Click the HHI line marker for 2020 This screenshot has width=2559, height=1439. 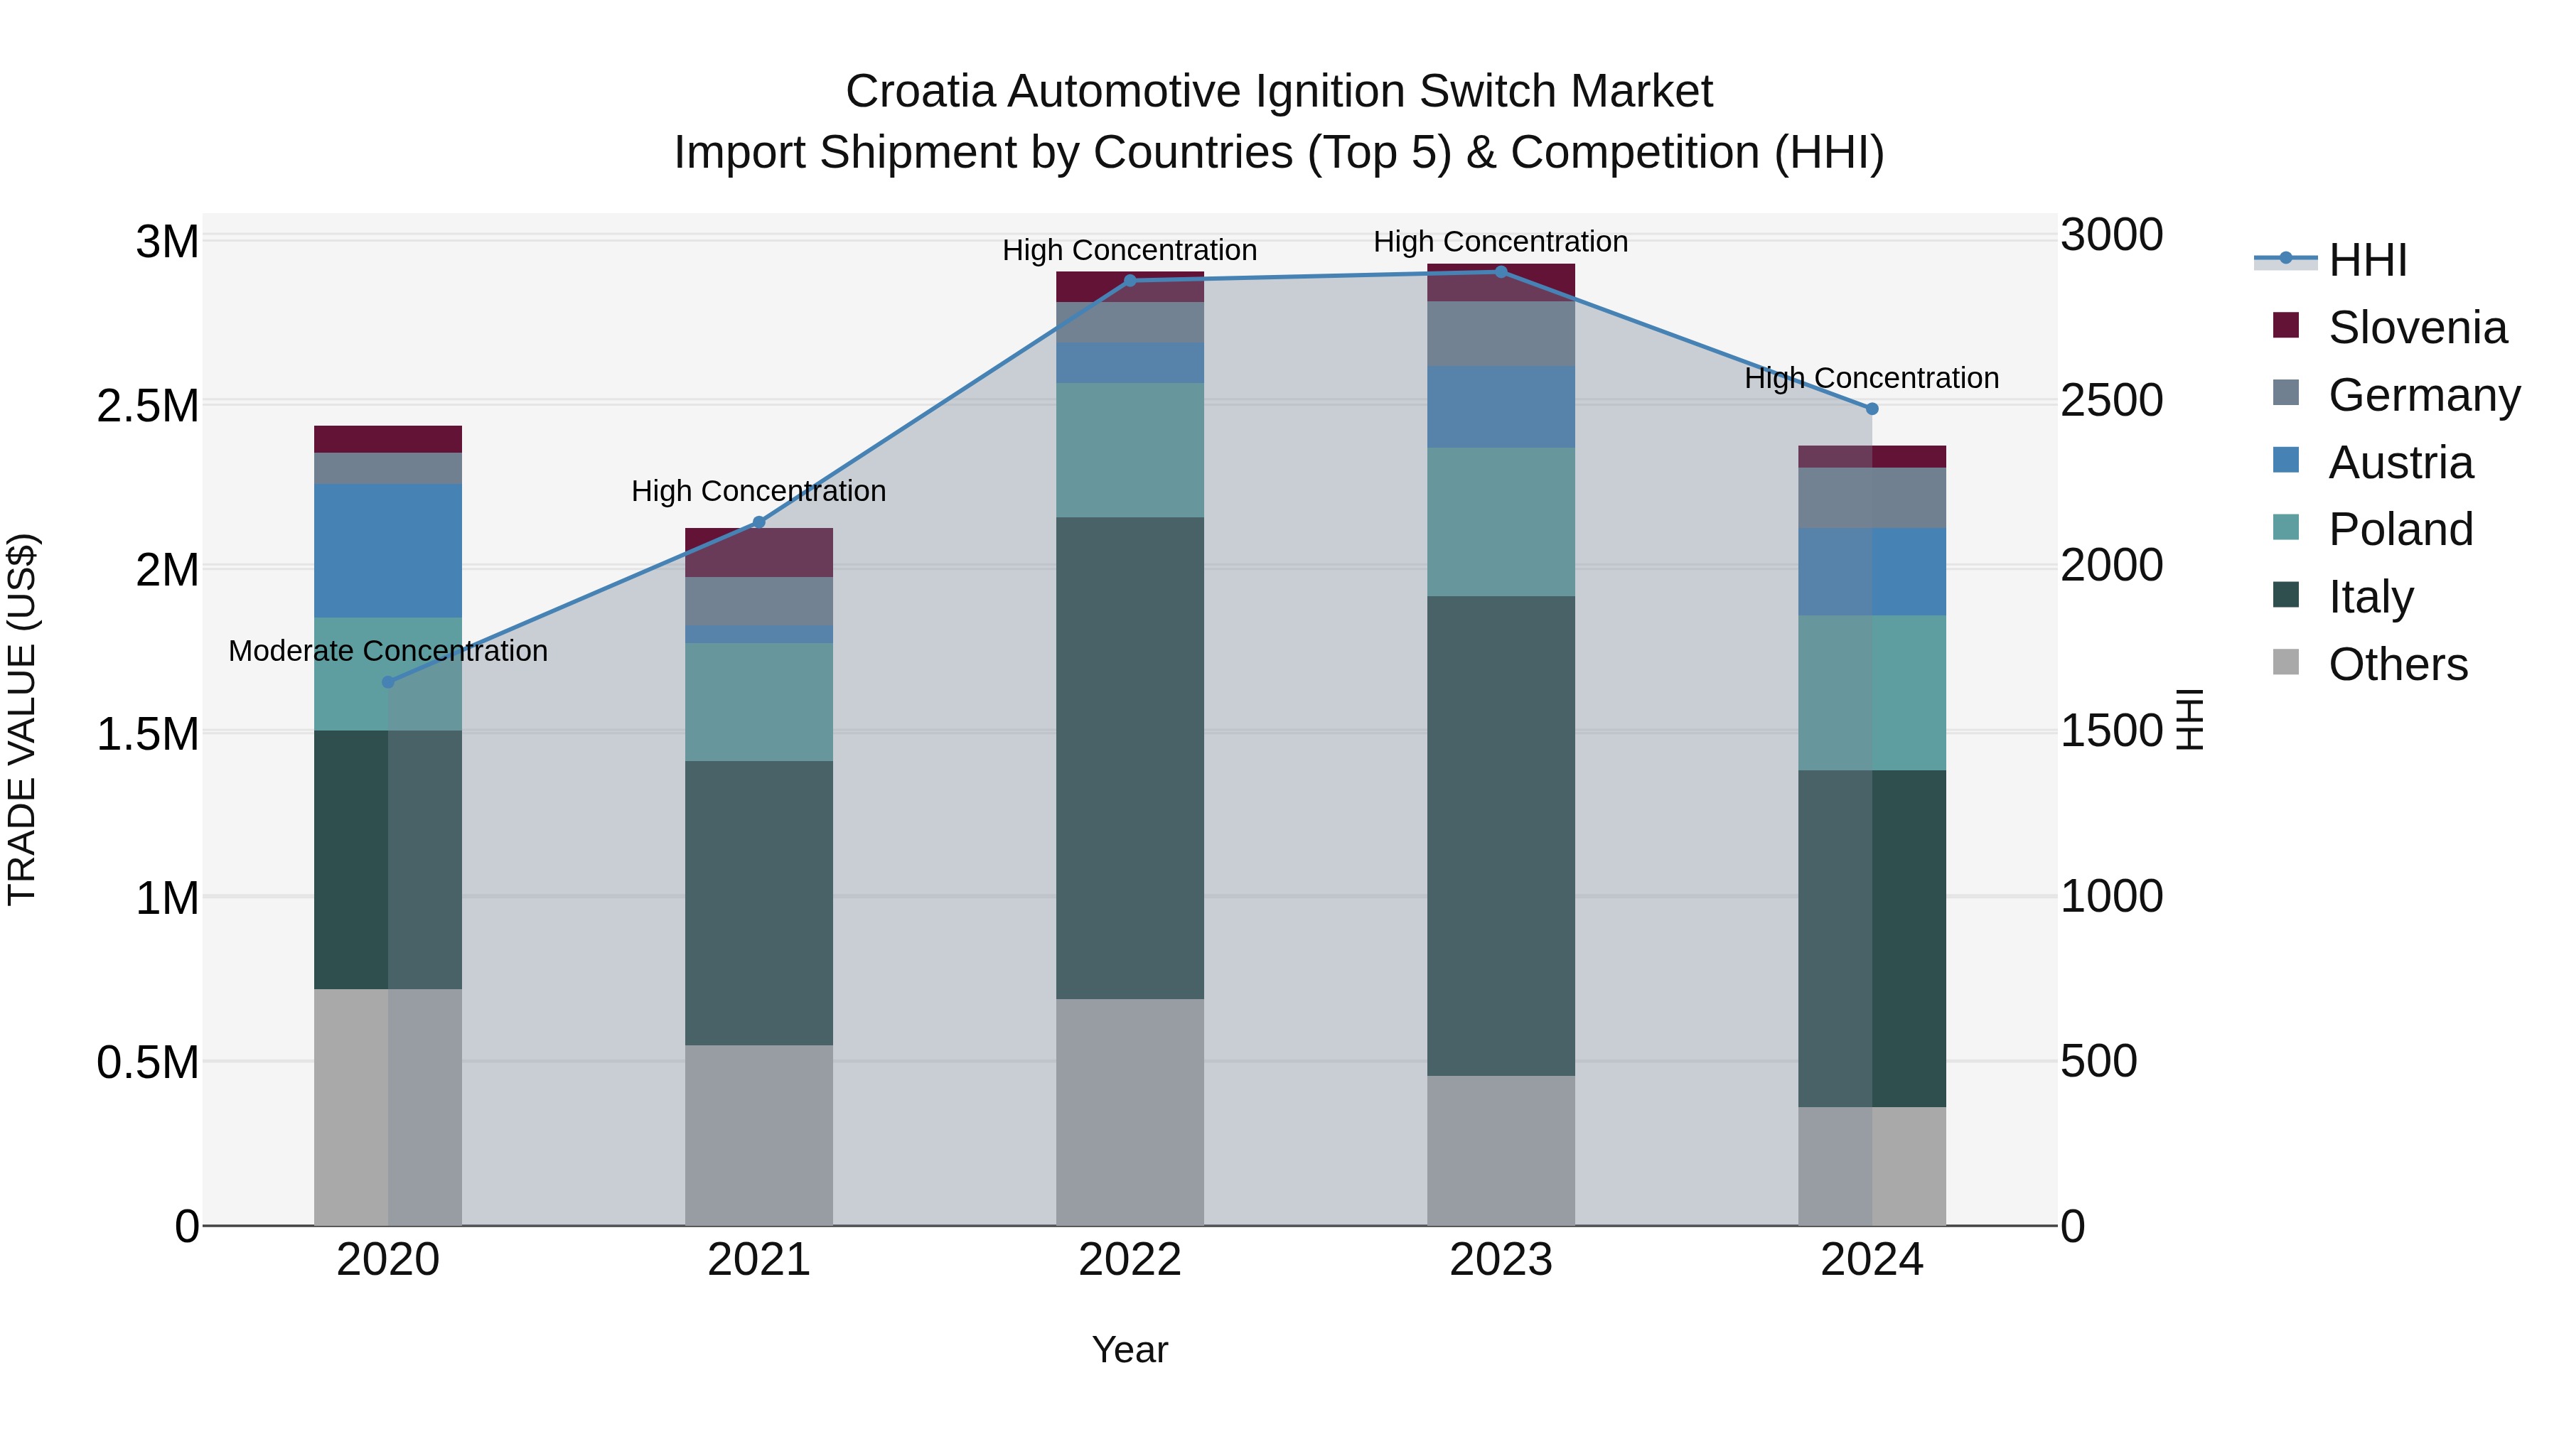click(x=388, y=681)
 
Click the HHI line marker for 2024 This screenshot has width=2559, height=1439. click(x=1872, y=408)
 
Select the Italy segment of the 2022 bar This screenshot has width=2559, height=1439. click(x=1130, y=758)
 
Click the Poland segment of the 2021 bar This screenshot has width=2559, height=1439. click(x=759, y=701)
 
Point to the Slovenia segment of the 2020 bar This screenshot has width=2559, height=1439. click(x=388, y=439)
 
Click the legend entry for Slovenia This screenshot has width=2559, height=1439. click(x=2416, y=328)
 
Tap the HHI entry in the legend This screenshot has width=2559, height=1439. click(x=2366, y=260)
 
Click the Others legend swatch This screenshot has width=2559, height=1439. click(x=2286, y=662)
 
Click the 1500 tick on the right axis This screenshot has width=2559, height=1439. click(x=2111, y=731)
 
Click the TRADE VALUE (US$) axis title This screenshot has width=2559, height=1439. click(x=22, y=719)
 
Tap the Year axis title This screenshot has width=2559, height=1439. click(x=1130, y=1349)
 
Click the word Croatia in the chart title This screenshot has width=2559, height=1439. click(x=920, y=92)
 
